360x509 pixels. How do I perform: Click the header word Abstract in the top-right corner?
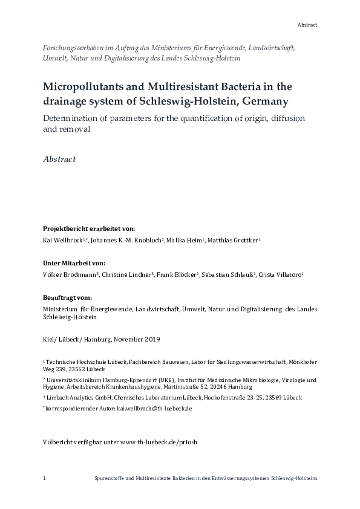(x=307, y=25)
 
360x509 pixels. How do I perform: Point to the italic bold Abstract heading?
(x=59, y=160)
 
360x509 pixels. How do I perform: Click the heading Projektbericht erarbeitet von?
(x=88, y=229)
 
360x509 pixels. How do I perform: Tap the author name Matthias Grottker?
(x=235, y=241)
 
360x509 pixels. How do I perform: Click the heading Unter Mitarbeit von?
(x=74, y=263)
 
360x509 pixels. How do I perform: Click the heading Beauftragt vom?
(x=67, y=297)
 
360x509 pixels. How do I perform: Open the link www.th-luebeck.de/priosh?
(x=159, y=442)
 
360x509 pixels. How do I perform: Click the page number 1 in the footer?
(x=45, y=478)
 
